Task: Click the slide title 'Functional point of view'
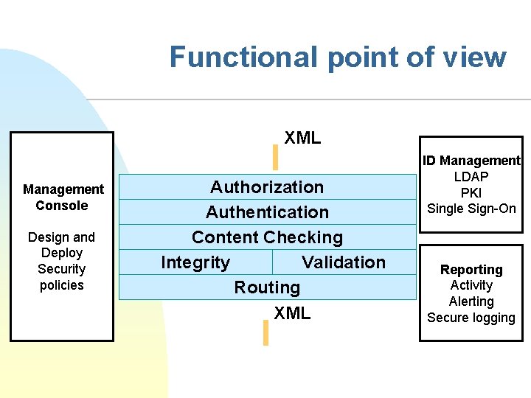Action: click(338, 57)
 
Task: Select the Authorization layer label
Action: click(267, 187)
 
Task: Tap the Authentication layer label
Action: click(267, 212)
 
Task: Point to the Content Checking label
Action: click(267, 237)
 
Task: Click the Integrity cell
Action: click(195, 262)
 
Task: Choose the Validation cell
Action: click(344, 262)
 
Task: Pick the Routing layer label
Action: click(267, 287)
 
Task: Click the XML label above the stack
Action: click(302, 138)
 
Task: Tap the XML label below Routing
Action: click(292, 313)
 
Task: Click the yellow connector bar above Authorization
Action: click(275, 158)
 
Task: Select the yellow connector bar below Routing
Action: click(265, 332)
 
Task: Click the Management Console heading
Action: click(63, 198)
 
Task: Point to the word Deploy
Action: click(62, 253)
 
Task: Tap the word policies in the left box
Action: click(62, 285)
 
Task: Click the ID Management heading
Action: click(471, 161)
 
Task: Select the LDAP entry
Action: click(471, 177)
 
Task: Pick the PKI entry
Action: click(471, 192)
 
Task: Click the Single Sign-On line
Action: click(471, 209)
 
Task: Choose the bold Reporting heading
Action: click(471, 270)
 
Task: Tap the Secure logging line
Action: click(471, 318)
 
